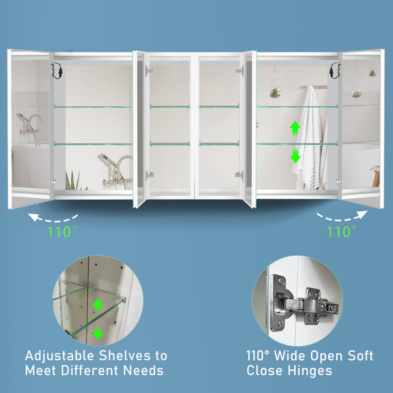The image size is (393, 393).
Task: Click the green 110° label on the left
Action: pyautogui.click(x=62, y=231)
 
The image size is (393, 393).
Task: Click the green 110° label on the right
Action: pyautogui.click(x=341, y=231)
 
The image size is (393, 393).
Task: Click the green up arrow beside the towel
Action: pyautogui.click(x=295, y=128)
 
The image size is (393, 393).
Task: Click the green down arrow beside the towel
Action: pyautogui.click(x=295, y=156)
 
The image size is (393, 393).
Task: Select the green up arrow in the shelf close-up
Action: pyautogui.click(x=98, y=304)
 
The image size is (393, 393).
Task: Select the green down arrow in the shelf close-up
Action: pyautogui.click(x=98, y=333)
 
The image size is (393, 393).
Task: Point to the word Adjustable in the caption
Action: pyautogui.click(x=60, y=356)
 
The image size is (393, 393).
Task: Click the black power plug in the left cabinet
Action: pyautogui.click(x=57, y=71)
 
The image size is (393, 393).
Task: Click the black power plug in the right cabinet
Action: pyautogui.click(x=335, y=71)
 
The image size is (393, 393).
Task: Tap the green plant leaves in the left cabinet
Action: pyautogui.click(x=75, y=181)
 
